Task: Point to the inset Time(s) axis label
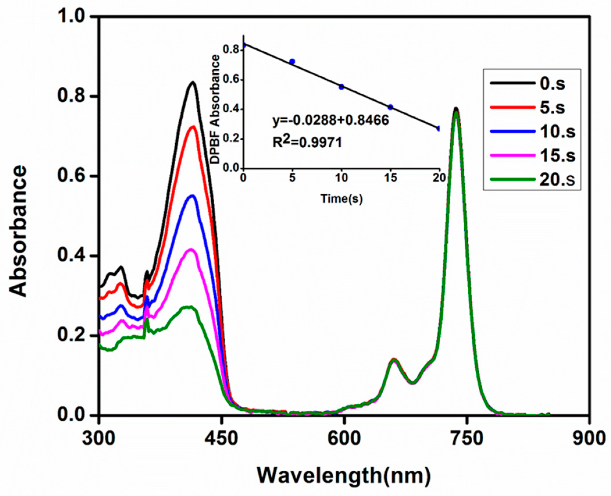click(342, 199)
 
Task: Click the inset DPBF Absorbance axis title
click(215, 109)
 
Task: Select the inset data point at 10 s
click(342, 87)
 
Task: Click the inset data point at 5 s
click(292, 61)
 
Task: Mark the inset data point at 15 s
click(390, 107)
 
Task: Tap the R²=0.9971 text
click(307, 143)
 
